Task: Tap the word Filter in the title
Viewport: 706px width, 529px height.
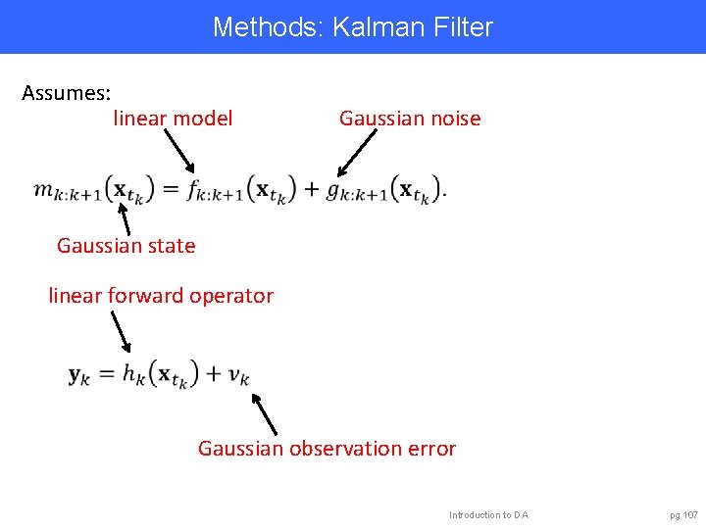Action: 461,26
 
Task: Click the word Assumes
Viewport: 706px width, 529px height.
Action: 66,94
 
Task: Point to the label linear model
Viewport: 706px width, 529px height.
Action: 174,119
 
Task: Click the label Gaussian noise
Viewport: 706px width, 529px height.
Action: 410,119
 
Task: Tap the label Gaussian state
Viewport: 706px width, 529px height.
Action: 126,246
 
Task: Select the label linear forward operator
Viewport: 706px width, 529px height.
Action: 161,295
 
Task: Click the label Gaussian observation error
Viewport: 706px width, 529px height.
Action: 327,449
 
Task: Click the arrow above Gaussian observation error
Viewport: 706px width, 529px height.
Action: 265,413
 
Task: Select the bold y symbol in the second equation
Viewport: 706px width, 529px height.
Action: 76,374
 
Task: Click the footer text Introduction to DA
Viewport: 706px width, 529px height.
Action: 488,514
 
